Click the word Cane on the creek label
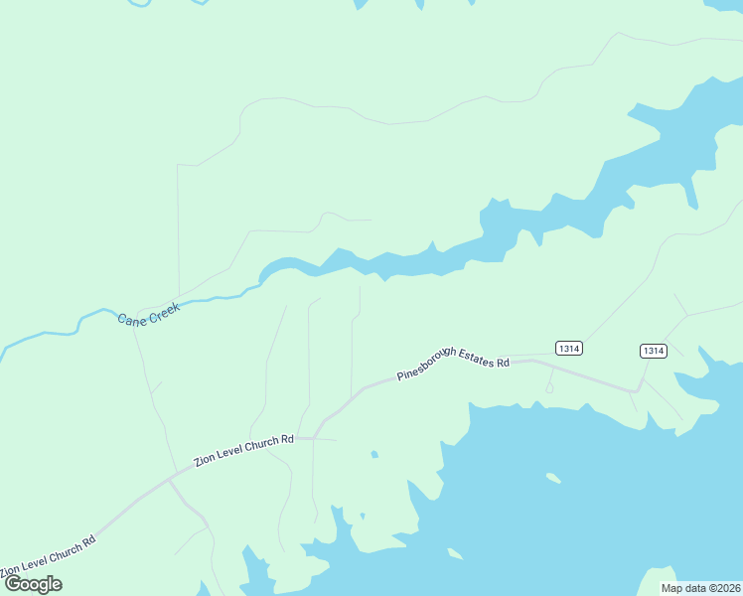pyautogui.click(x=130, y=318)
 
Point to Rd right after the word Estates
pyautogui.click(x=504, y=363)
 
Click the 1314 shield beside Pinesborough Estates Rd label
pyautogui.click(x=569, y=348)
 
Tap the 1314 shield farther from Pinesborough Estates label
pyautogui.click(x=653, y=351)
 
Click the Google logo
pyautogui.click(x=34, y=584)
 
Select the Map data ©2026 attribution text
pyautogui.click(x=700, y=587)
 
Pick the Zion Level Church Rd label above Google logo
pyautogui.click(x=48, y=557)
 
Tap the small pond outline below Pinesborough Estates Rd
pyautogui.click(x=549, y=388)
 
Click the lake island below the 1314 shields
pyautogui.click(x=553, y=478)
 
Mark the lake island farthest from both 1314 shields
pyautogui.click(x=455, y=553)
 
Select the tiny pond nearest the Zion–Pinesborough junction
pyautogui.click(x=374, y=455)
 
